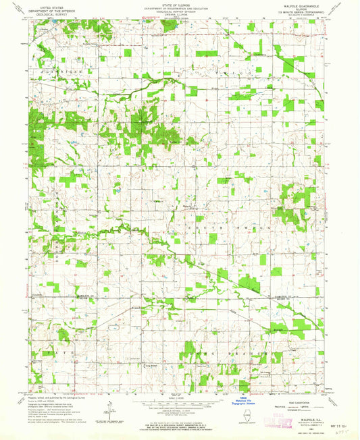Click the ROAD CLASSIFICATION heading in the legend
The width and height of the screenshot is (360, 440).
pos(303,398)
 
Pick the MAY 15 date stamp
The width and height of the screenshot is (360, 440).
pos(320,426)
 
